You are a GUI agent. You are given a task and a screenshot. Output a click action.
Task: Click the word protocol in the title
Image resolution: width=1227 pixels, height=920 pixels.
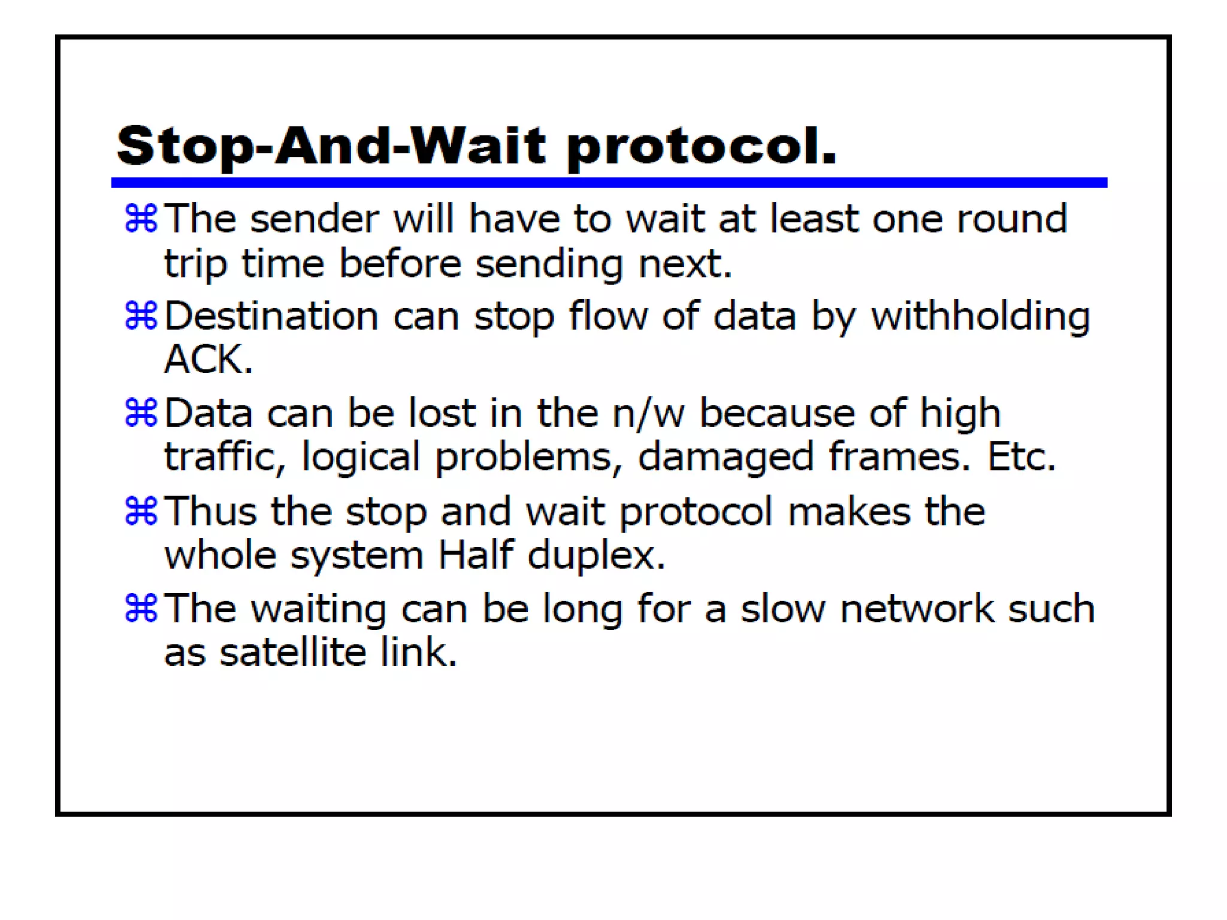coord(701,147)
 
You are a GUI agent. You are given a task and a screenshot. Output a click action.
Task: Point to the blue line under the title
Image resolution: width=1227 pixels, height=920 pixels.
coord(609,183)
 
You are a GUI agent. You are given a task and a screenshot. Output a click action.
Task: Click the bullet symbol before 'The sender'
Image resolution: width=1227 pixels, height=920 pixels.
coord(141,218)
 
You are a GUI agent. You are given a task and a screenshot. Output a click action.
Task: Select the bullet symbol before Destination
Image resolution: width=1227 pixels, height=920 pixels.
coord(141,316)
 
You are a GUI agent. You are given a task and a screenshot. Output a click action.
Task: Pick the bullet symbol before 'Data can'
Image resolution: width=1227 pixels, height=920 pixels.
coord(141,413)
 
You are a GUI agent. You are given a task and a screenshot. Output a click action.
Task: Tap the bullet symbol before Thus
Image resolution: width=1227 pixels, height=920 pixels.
coord(141,511)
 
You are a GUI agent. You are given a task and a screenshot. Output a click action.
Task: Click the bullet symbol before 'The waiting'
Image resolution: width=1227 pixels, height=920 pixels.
coord(141,608)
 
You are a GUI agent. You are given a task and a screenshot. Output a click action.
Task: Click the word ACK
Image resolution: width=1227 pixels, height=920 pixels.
coord(208,359)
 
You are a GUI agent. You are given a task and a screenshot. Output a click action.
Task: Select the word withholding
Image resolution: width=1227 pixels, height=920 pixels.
coord(980,316)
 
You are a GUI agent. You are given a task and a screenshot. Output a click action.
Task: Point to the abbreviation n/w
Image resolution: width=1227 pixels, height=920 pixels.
coord(648,413)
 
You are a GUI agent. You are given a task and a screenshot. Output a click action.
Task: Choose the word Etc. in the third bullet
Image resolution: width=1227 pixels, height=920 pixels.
coord(1021,457)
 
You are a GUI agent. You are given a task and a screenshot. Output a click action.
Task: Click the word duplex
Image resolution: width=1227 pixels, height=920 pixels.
coord(596,555)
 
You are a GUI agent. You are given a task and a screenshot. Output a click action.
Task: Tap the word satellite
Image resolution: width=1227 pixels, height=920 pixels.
coord(292,652)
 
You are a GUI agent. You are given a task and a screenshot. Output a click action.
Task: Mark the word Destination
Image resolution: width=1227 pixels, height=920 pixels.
coord(271,316)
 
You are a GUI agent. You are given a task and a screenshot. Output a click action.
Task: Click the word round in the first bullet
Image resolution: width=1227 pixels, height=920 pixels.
coord(1012,219)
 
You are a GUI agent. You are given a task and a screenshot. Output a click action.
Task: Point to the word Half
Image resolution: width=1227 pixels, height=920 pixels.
coord(476,555)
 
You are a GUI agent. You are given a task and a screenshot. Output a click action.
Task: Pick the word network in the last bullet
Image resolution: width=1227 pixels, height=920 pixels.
coord(916,609)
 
